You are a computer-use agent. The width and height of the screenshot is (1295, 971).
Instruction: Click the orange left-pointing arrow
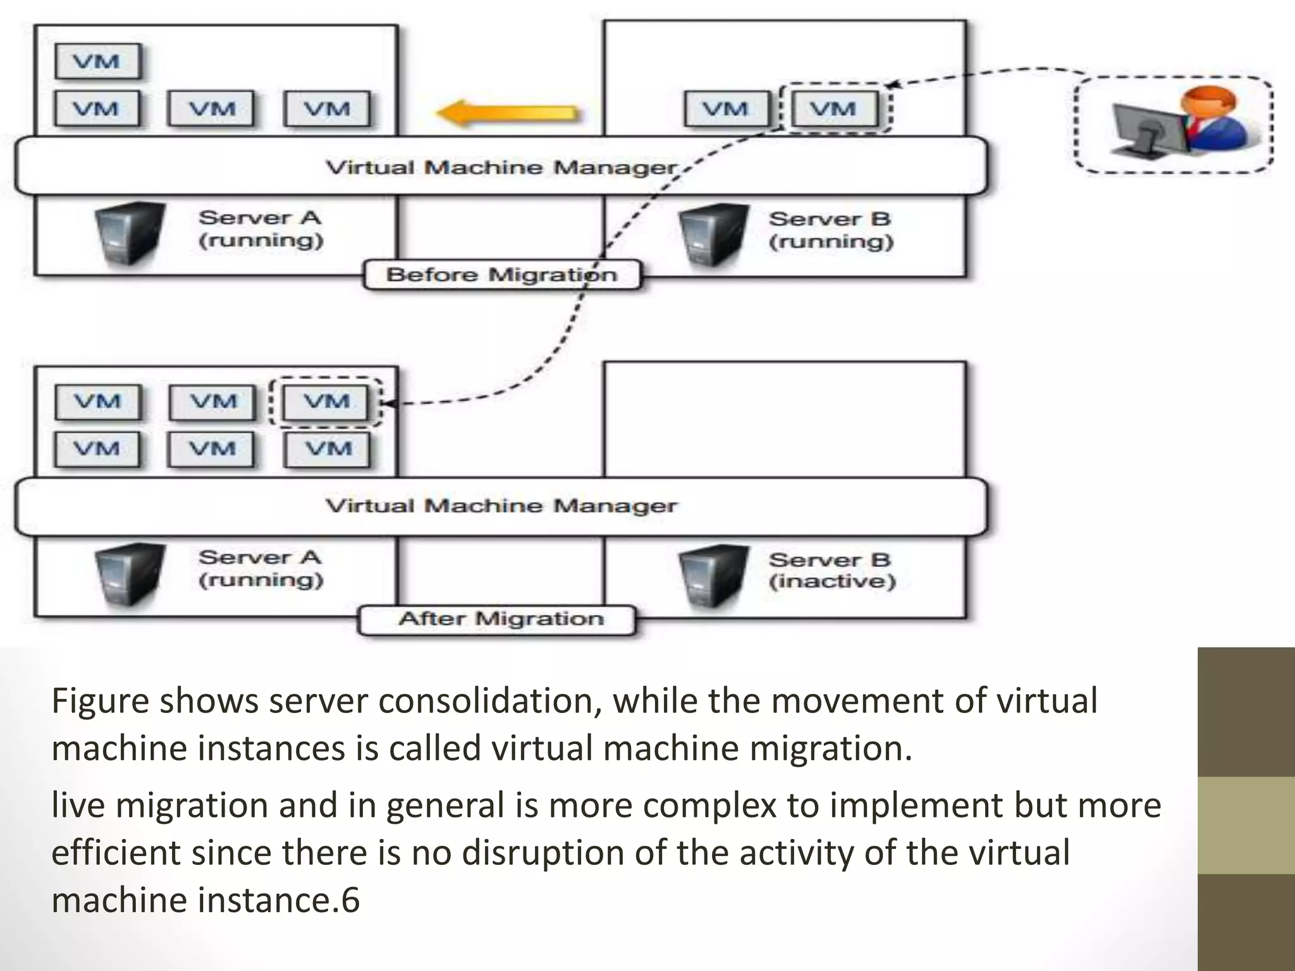point(508,114)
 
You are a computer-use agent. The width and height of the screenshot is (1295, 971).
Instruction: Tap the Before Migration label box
point(501,275)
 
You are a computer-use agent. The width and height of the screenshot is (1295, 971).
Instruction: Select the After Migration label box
point(496,619)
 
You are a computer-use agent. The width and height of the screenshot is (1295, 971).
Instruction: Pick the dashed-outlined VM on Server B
point(834,109)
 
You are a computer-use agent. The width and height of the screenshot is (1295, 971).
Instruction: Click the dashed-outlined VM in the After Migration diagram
point(326,402)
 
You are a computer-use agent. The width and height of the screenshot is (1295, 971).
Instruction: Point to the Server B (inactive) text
point(832,570)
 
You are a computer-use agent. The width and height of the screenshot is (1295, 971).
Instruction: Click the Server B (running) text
point(830,230)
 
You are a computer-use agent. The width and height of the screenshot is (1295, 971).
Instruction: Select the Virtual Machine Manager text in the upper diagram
point(501,168)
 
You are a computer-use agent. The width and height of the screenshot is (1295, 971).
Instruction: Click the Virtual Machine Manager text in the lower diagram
point(501,506)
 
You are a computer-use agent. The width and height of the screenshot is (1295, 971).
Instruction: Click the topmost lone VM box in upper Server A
point(97,62)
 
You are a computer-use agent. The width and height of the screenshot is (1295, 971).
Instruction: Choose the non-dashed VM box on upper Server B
point(726,109)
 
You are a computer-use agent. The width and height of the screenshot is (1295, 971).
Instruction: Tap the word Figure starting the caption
point(101,701)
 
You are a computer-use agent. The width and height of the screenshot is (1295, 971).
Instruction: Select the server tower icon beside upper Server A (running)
point(128,233)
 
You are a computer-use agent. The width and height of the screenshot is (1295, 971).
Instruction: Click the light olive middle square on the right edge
point(1246,825)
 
